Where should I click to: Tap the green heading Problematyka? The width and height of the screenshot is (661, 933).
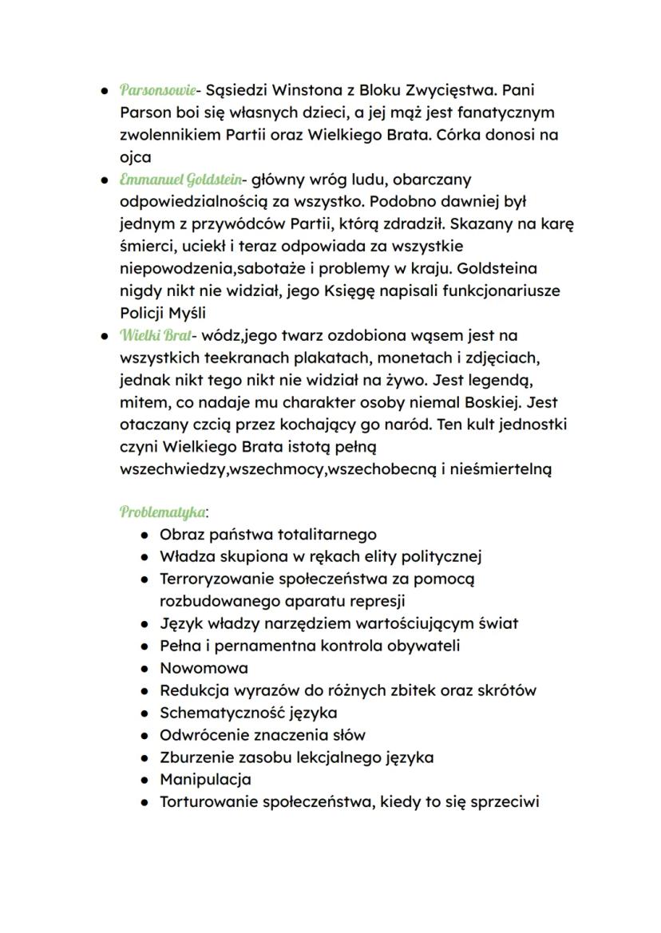[x=161, y=511]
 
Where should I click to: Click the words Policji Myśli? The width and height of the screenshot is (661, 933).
[x=163, y=313]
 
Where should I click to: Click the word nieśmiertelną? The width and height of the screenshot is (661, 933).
[x=495, y=469]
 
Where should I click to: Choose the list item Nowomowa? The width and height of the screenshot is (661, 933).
[x=204, y=668]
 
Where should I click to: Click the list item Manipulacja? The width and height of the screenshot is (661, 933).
[x=205, y=779]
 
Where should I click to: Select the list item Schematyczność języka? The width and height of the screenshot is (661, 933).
[x=248, y=713]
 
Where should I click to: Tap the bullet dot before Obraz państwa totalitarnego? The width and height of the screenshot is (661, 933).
[x=144, y=535]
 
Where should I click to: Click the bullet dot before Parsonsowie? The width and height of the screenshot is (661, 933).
[x=104, y=91]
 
